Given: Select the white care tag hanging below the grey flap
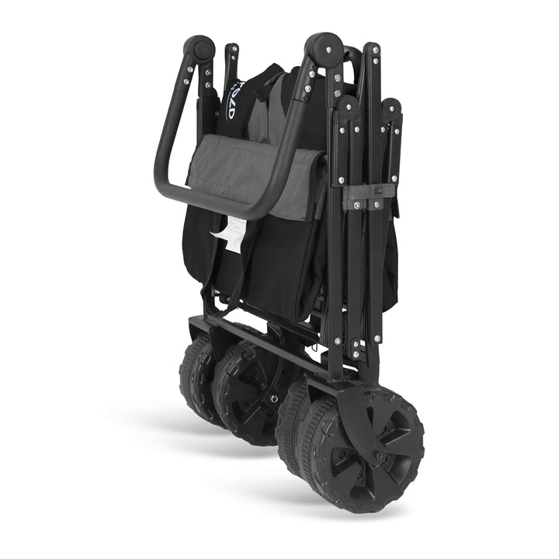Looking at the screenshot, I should [x=230, y=229].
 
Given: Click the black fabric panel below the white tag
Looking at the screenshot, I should [x=256, y=272].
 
